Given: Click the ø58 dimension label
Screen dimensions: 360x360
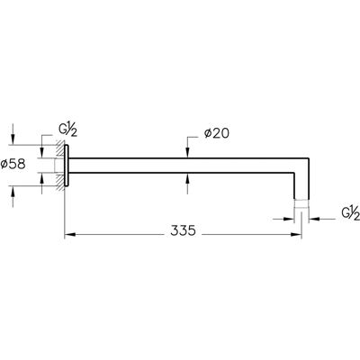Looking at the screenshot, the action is pyautogui.click(x=13, y=165).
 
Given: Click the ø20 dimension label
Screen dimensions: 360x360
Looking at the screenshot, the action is pyautogui.click(x=217, y=133).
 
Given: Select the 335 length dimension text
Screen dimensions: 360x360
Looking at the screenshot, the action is pyautogui.click(x=183, y=230).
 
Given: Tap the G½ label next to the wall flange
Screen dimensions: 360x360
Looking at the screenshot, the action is pyautogui.click(x=67, y=130).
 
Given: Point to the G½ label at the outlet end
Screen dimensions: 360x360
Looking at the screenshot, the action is pyautogui.click(x=351, y=213).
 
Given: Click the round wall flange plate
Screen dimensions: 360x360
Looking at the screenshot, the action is pyautogui.click(x=67, y=166).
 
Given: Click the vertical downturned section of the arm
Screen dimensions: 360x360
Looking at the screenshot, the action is pyautogui.click(x=301, y=186).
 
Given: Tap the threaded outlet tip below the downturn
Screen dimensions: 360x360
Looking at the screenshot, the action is pyautogui.click(x=301, y=204).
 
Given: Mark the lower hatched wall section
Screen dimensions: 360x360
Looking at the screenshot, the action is pyautogui.click(x=61, y=181).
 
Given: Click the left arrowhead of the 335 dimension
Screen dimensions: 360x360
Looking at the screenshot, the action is pyautogui.click(x=69, y=234).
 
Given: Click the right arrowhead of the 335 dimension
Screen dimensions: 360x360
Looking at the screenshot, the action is pyautogui.click(x=296, y=234).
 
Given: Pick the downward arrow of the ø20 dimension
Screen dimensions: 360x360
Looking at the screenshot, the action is pyautogui.click(x=187, y=152).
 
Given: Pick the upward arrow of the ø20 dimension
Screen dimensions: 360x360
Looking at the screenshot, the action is pyautogui.click(x=187, y=178).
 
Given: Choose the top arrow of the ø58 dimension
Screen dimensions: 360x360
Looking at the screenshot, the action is pyautogui.click(x=13, y=139).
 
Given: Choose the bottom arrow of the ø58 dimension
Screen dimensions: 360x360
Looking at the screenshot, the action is pyautogui.click(x=13, y=192).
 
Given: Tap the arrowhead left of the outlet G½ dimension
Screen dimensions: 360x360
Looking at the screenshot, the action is pyautogui.click(x=290, y=219).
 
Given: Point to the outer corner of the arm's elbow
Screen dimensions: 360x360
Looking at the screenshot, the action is pyautogui.click(x=309, y=157).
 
